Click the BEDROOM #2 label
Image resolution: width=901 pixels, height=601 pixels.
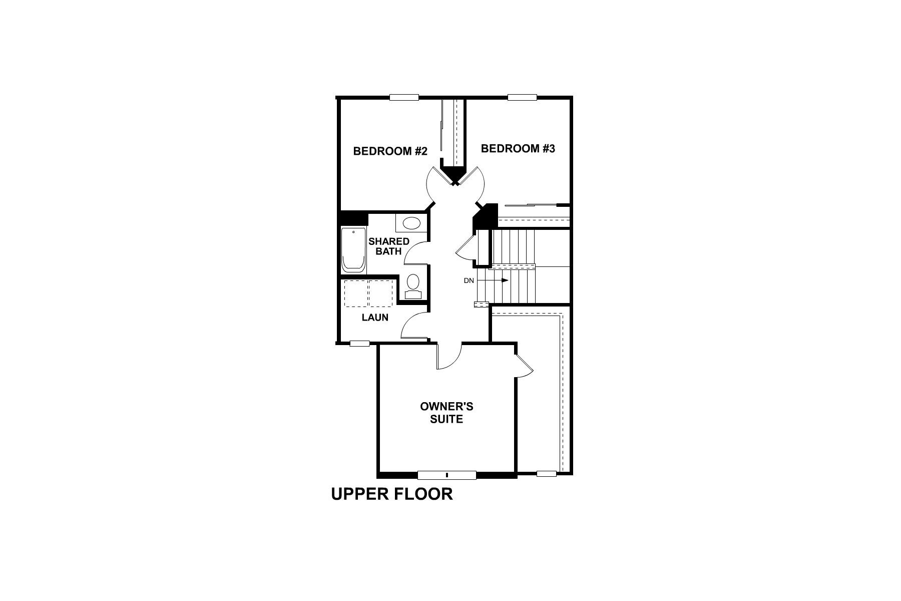(390, 151)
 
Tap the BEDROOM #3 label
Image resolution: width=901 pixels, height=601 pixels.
(518, 149)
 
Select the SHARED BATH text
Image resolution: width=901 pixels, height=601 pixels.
(389, 246)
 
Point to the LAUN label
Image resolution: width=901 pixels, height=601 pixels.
(375, 318)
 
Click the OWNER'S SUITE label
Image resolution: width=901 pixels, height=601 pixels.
(446, 413)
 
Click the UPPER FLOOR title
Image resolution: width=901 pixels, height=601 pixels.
(392, 494)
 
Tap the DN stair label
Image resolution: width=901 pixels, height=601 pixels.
(469, 280)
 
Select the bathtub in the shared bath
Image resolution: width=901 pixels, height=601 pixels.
(353, 250)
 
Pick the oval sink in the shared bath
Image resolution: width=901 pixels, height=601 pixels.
(411, 223)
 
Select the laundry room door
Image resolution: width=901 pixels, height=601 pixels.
(413, 326)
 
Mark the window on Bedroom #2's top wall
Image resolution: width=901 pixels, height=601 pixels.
(404, 98)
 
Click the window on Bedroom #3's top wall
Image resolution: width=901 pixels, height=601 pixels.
(522, 98)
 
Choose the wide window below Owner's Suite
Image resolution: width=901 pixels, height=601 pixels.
(446, 475)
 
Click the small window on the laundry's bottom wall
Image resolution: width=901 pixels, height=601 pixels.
(359, 343)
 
